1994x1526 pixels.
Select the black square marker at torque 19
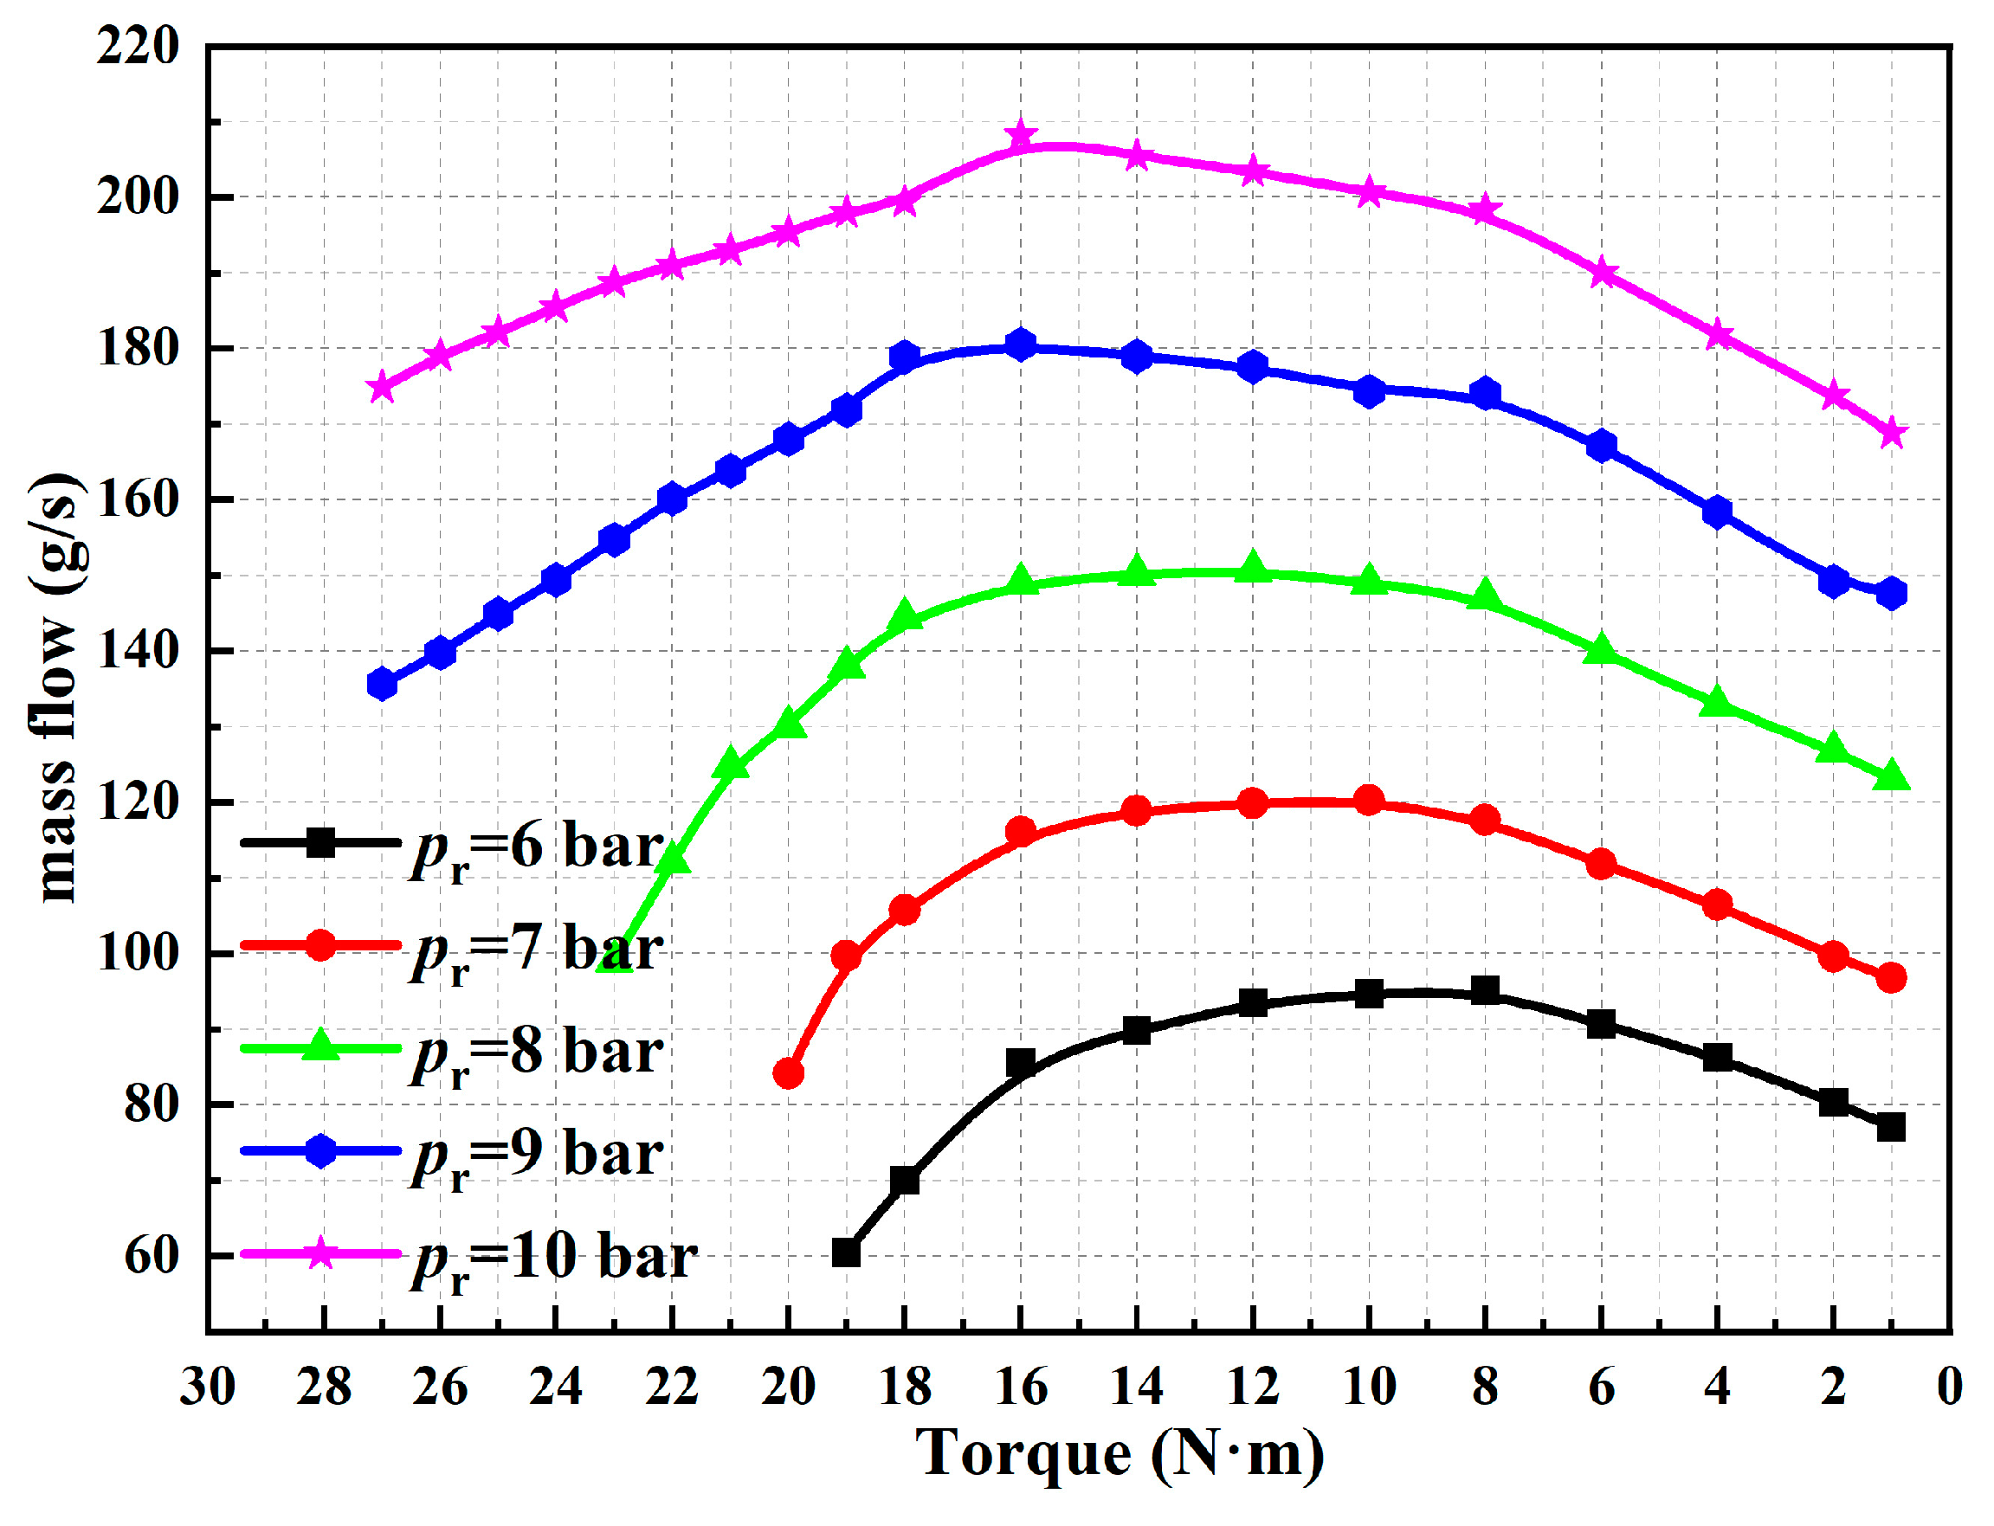tap(846, 1252)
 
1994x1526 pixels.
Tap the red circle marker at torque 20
tap(788, 1073)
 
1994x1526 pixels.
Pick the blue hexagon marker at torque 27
tap(382, 684)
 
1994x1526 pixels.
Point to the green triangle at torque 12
tap(1253, 567)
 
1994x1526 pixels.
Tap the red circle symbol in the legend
tap(319, 945)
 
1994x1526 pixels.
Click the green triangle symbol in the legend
tap(319, 1046)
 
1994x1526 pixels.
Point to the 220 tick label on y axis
tap(138, 45)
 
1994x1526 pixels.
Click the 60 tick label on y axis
tap(151, 1256)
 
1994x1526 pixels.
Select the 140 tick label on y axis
tap(138, 651)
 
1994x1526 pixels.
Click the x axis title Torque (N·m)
tap(1120, 1453)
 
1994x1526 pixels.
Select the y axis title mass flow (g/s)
tap(56, 687)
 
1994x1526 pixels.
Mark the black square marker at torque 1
tap(1890, 1127)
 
